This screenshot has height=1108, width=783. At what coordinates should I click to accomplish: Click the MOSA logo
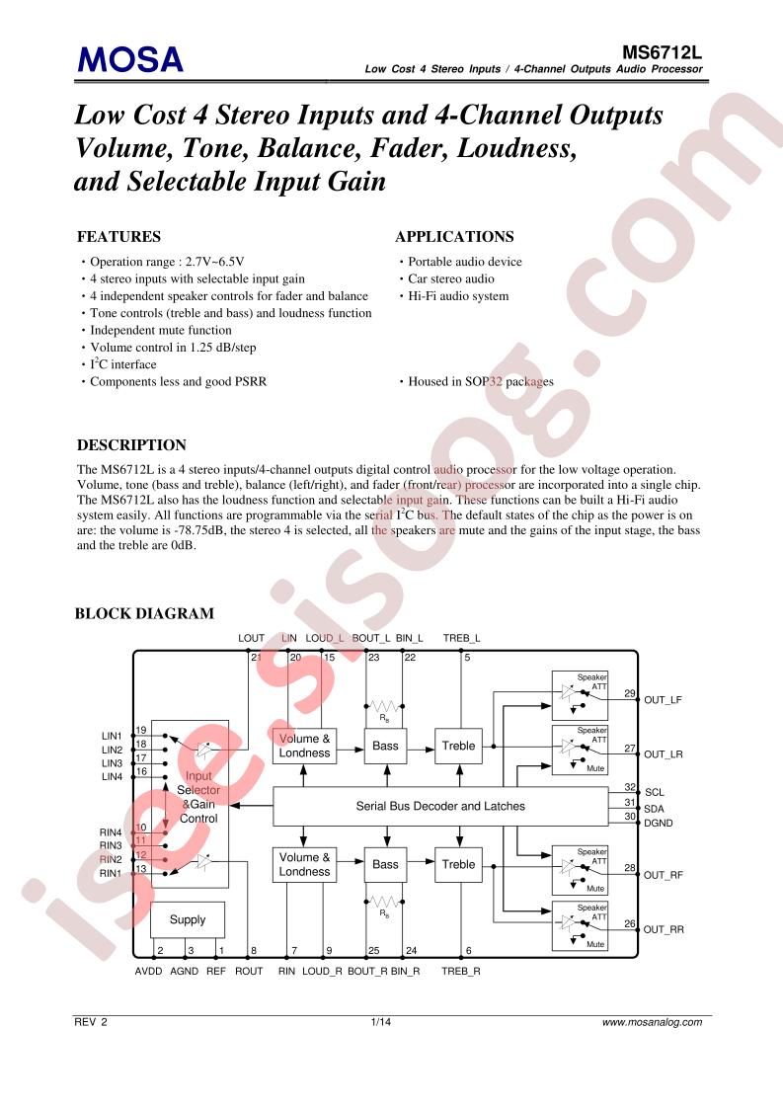coord(130,59)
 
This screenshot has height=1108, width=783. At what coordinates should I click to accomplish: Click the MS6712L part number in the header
coord(662,52)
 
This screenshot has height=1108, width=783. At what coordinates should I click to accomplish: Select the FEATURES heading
coord(118,237)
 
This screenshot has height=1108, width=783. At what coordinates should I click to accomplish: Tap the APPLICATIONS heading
coord(454,237)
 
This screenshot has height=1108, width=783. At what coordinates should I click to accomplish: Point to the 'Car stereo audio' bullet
coord(451,278)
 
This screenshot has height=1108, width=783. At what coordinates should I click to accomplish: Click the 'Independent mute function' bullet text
coord(160,330)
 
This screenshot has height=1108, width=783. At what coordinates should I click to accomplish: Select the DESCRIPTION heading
coord(131,445)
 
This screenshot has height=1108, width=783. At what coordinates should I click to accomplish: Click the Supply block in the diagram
coord(188,919)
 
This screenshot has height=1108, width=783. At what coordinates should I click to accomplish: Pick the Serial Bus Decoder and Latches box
coord(440,806)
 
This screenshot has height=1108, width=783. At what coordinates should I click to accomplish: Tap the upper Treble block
coord(458,747)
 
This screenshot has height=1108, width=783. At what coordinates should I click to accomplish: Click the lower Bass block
coord(385,865)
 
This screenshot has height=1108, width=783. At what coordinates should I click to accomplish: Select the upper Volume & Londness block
coord(304,747)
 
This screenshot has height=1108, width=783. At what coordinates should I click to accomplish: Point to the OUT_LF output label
coord(663,700)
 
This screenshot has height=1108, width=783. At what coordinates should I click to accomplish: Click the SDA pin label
coord(654,809)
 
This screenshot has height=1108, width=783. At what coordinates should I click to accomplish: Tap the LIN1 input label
coord(112,737)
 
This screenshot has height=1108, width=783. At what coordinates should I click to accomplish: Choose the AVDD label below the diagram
coord(148,972)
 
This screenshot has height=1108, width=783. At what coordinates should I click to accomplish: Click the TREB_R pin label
coord(461,972)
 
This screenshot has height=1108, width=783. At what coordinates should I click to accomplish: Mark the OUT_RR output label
coord(664,930)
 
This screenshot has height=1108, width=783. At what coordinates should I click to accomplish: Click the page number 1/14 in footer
coord(381,1022)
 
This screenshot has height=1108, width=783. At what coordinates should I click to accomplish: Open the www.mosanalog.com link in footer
coord(653,1022)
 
